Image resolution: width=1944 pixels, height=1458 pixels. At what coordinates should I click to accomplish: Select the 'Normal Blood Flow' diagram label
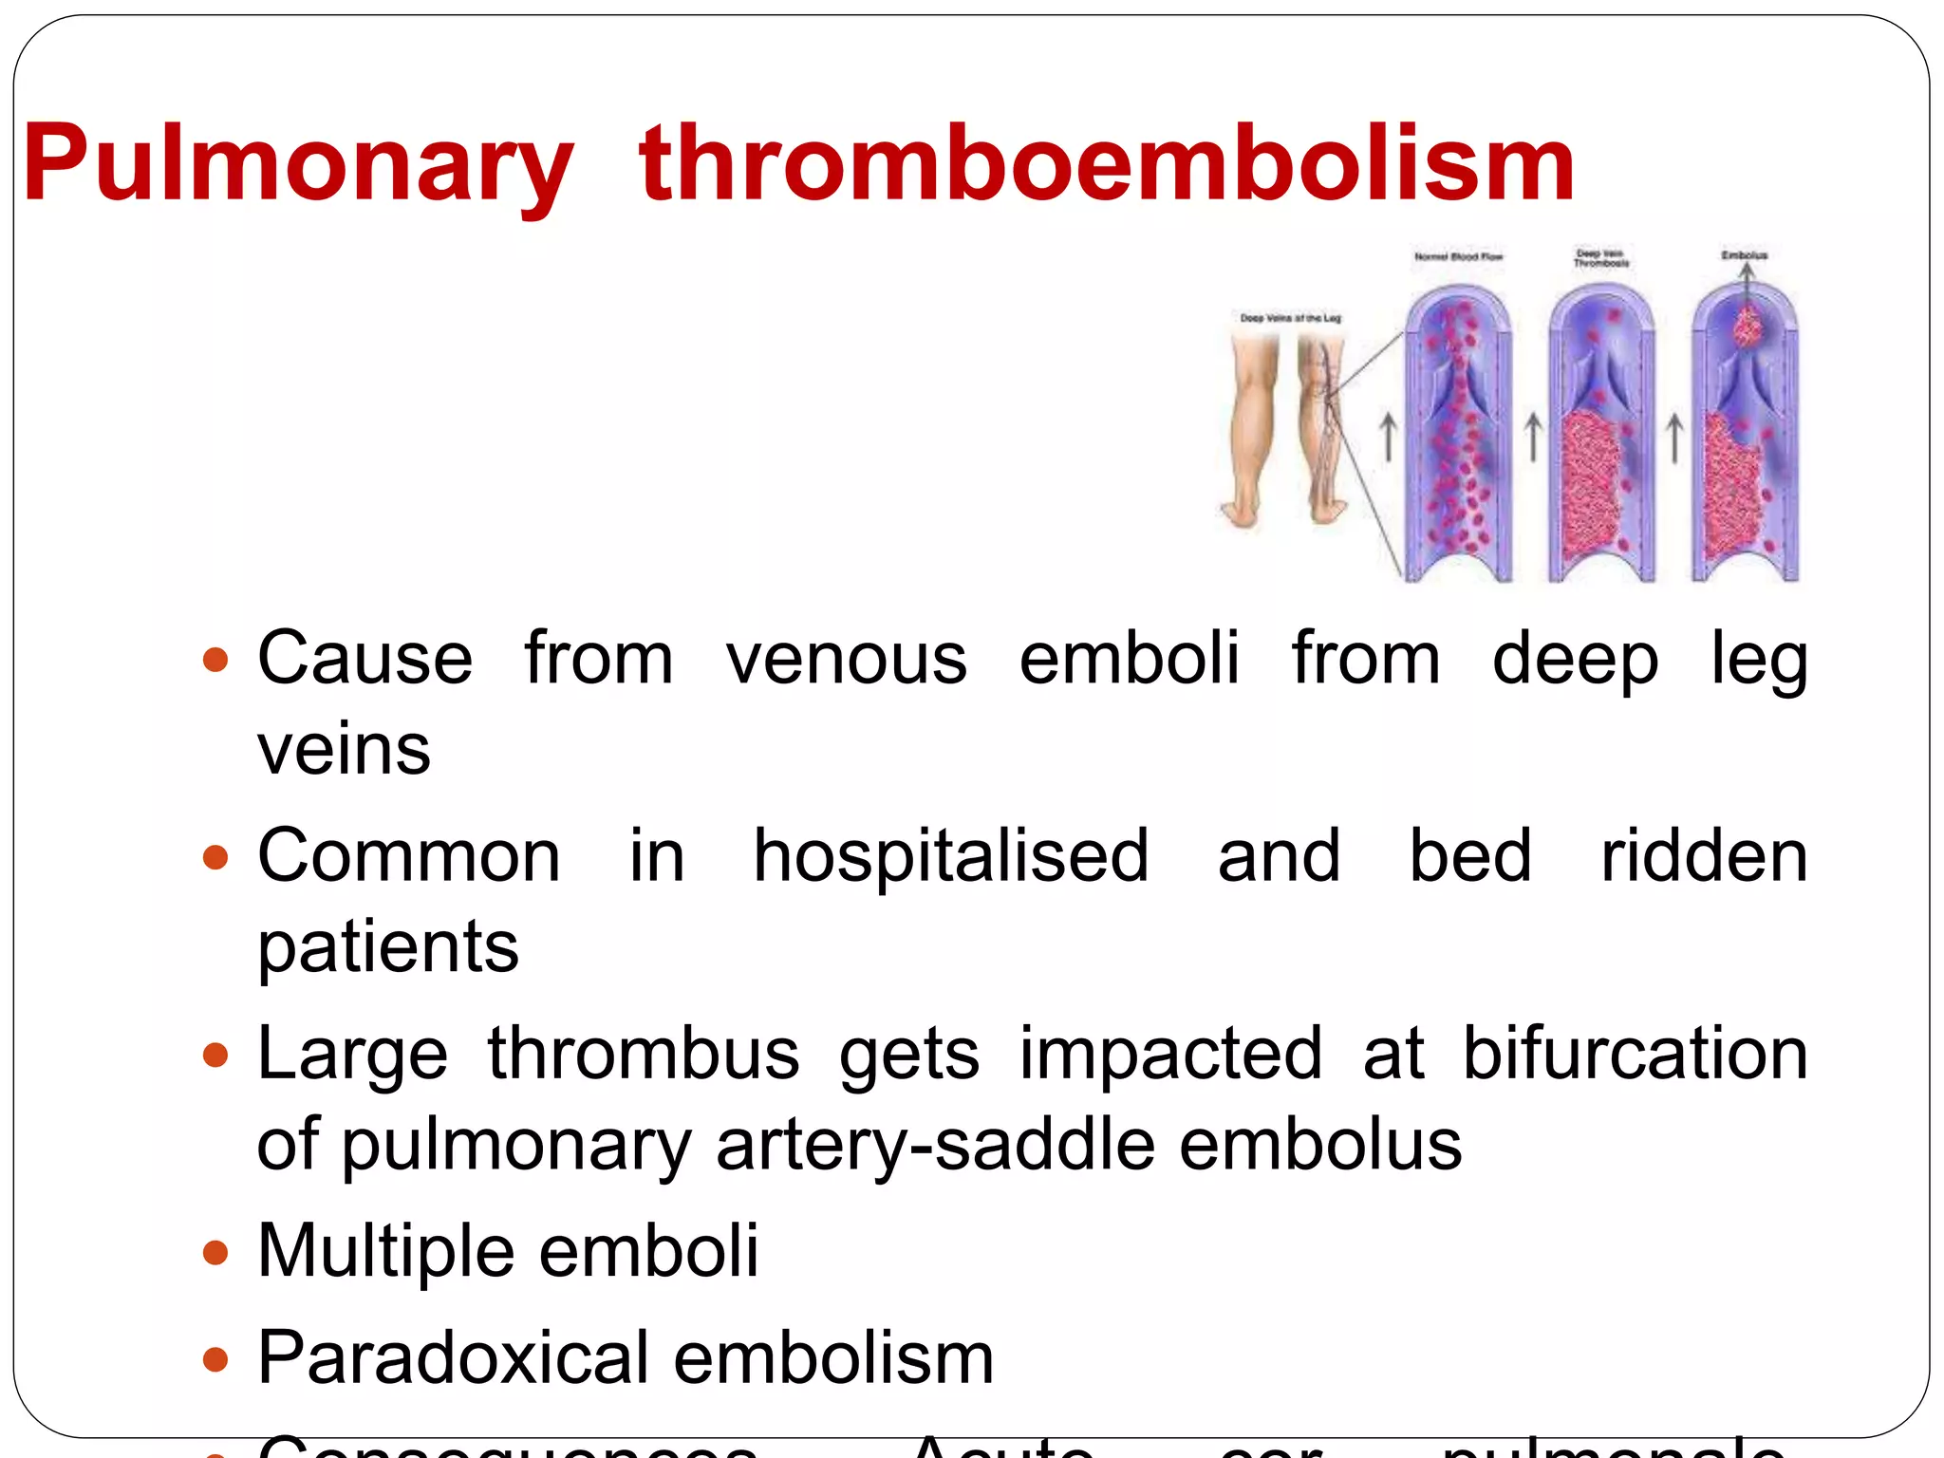pyautogui.click(x=1458, y=256)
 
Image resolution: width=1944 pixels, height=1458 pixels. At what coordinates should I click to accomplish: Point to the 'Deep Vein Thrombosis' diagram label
pyautogui.click(x=1600, y=258)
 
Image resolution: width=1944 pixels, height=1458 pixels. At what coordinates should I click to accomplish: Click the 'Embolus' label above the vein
pyautogui.click(x=1745, y=255)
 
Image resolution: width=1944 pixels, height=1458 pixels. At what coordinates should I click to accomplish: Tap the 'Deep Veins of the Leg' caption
pyautogui.click(x=1290, y=318)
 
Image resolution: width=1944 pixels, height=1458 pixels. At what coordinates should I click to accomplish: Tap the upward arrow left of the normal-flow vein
pyautogui.click(x=1388, y=439)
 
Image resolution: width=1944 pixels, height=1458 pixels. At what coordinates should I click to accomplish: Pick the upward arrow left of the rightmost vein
pyautogui.click(x=1674, y=439)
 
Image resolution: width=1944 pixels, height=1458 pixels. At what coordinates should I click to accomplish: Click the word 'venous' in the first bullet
pyautogui.click(x=847, y=658)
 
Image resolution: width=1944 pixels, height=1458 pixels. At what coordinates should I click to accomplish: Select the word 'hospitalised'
pyautogui.click(x=951, y=855)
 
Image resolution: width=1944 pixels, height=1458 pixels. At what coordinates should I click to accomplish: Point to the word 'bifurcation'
pyautogui.click(x=1635, y=1053)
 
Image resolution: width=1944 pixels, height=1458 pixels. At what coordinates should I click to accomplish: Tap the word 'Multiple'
pyautogui.click(x=383, y=1250)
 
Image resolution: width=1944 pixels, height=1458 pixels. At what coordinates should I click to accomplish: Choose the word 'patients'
pyautogui.click(x=388, y=946)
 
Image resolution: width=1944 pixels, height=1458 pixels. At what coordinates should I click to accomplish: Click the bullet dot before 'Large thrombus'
pyautogui.click(x=216, y=1055)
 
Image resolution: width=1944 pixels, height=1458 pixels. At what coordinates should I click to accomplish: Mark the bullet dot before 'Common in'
pyautogui.click(x=216, y=857)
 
